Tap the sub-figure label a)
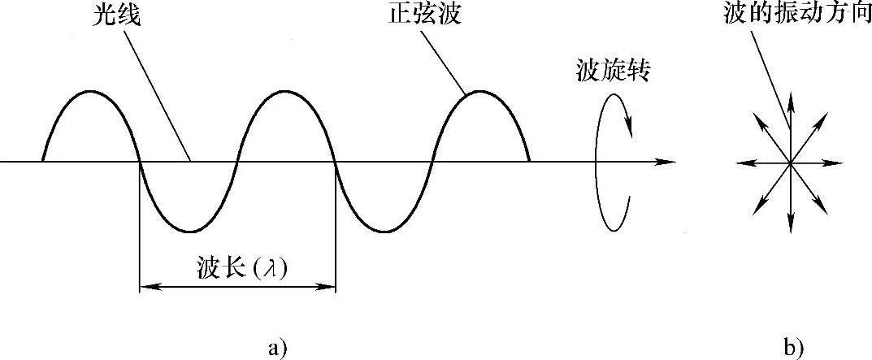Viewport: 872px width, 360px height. point(277,349)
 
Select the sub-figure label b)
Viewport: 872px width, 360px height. point(793,349)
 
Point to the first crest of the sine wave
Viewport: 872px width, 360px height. point(91,92)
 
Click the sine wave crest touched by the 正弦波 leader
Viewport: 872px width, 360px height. point(479,92)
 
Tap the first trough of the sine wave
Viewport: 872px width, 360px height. point(188,231)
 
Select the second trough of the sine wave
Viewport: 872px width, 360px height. point(383,231)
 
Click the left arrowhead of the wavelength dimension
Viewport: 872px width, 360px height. point(146,286)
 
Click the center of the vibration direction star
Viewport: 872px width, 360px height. point(789,163)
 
